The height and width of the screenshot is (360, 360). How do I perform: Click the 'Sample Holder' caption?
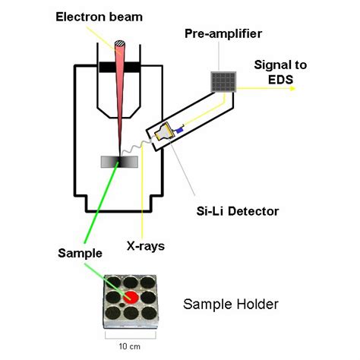point(231,305)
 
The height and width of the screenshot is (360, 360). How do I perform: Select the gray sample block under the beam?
point(119,161)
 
